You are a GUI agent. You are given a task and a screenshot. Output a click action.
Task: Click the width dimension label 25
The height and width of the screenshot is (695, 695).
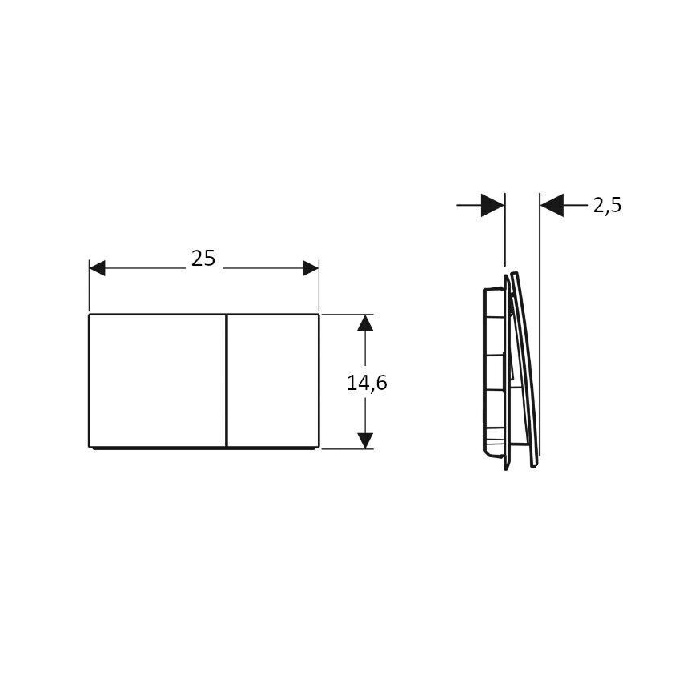point(203,258)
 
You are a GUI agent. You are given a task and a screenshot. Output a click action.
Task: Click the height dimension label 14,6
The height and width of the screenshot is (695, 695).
point(367,383)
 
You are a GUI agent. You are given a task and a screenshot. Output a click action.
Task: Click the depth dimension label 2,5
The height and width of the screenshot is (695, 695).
point(607,206)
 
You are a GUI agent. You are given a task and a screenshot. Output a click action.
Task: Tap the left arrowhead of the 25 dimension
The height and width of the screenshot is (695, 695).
point(97,268)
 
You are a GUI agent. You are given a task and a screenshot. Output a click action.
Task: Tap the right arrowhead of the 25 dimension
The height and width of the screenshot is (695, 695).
point(311,268)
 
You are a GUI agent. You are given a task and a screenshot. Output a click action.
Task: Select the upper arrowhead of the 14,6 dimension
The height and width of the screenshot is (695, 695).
point(365,323)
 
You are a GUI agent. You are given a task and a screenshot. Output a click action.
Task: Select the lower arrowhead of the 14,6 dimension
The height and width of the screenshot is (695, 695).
point(365,440)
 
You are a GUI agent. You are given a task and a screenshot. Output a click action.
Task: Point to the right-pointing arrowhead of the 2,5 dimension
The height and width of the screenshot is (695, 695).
point(492,206)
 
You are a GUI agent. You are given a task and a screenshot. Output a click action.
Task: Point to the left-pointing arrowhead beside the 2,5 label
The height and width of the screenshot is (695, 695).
point(552,206)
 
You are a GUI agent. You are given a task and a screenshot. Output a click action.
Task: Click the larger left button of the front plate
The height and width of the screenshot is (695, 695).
point(158,380)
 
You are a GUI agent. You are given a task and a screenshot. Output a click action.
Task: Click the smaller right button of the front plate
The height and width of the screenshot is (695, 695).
point(274,380)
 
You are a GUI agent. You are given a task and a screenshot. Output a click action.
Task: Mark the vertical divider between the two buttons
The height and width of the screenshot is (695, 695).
point(227,380)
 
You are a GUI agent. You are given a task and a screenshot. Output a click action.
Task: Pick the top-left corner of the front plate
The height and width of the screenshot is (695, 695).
point(89,315)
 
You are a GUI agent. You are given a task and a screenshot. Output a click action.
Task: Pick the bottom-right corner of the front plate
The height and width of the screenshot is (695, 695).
point(319,446)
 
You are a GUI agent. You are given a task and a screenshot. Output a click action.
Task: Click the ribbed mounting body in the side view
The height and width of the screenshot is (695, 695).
point(492,372)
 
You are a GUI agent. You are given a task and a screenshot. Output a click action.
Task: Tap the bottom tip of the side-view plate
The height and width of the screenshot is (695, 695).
point(533,465)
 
